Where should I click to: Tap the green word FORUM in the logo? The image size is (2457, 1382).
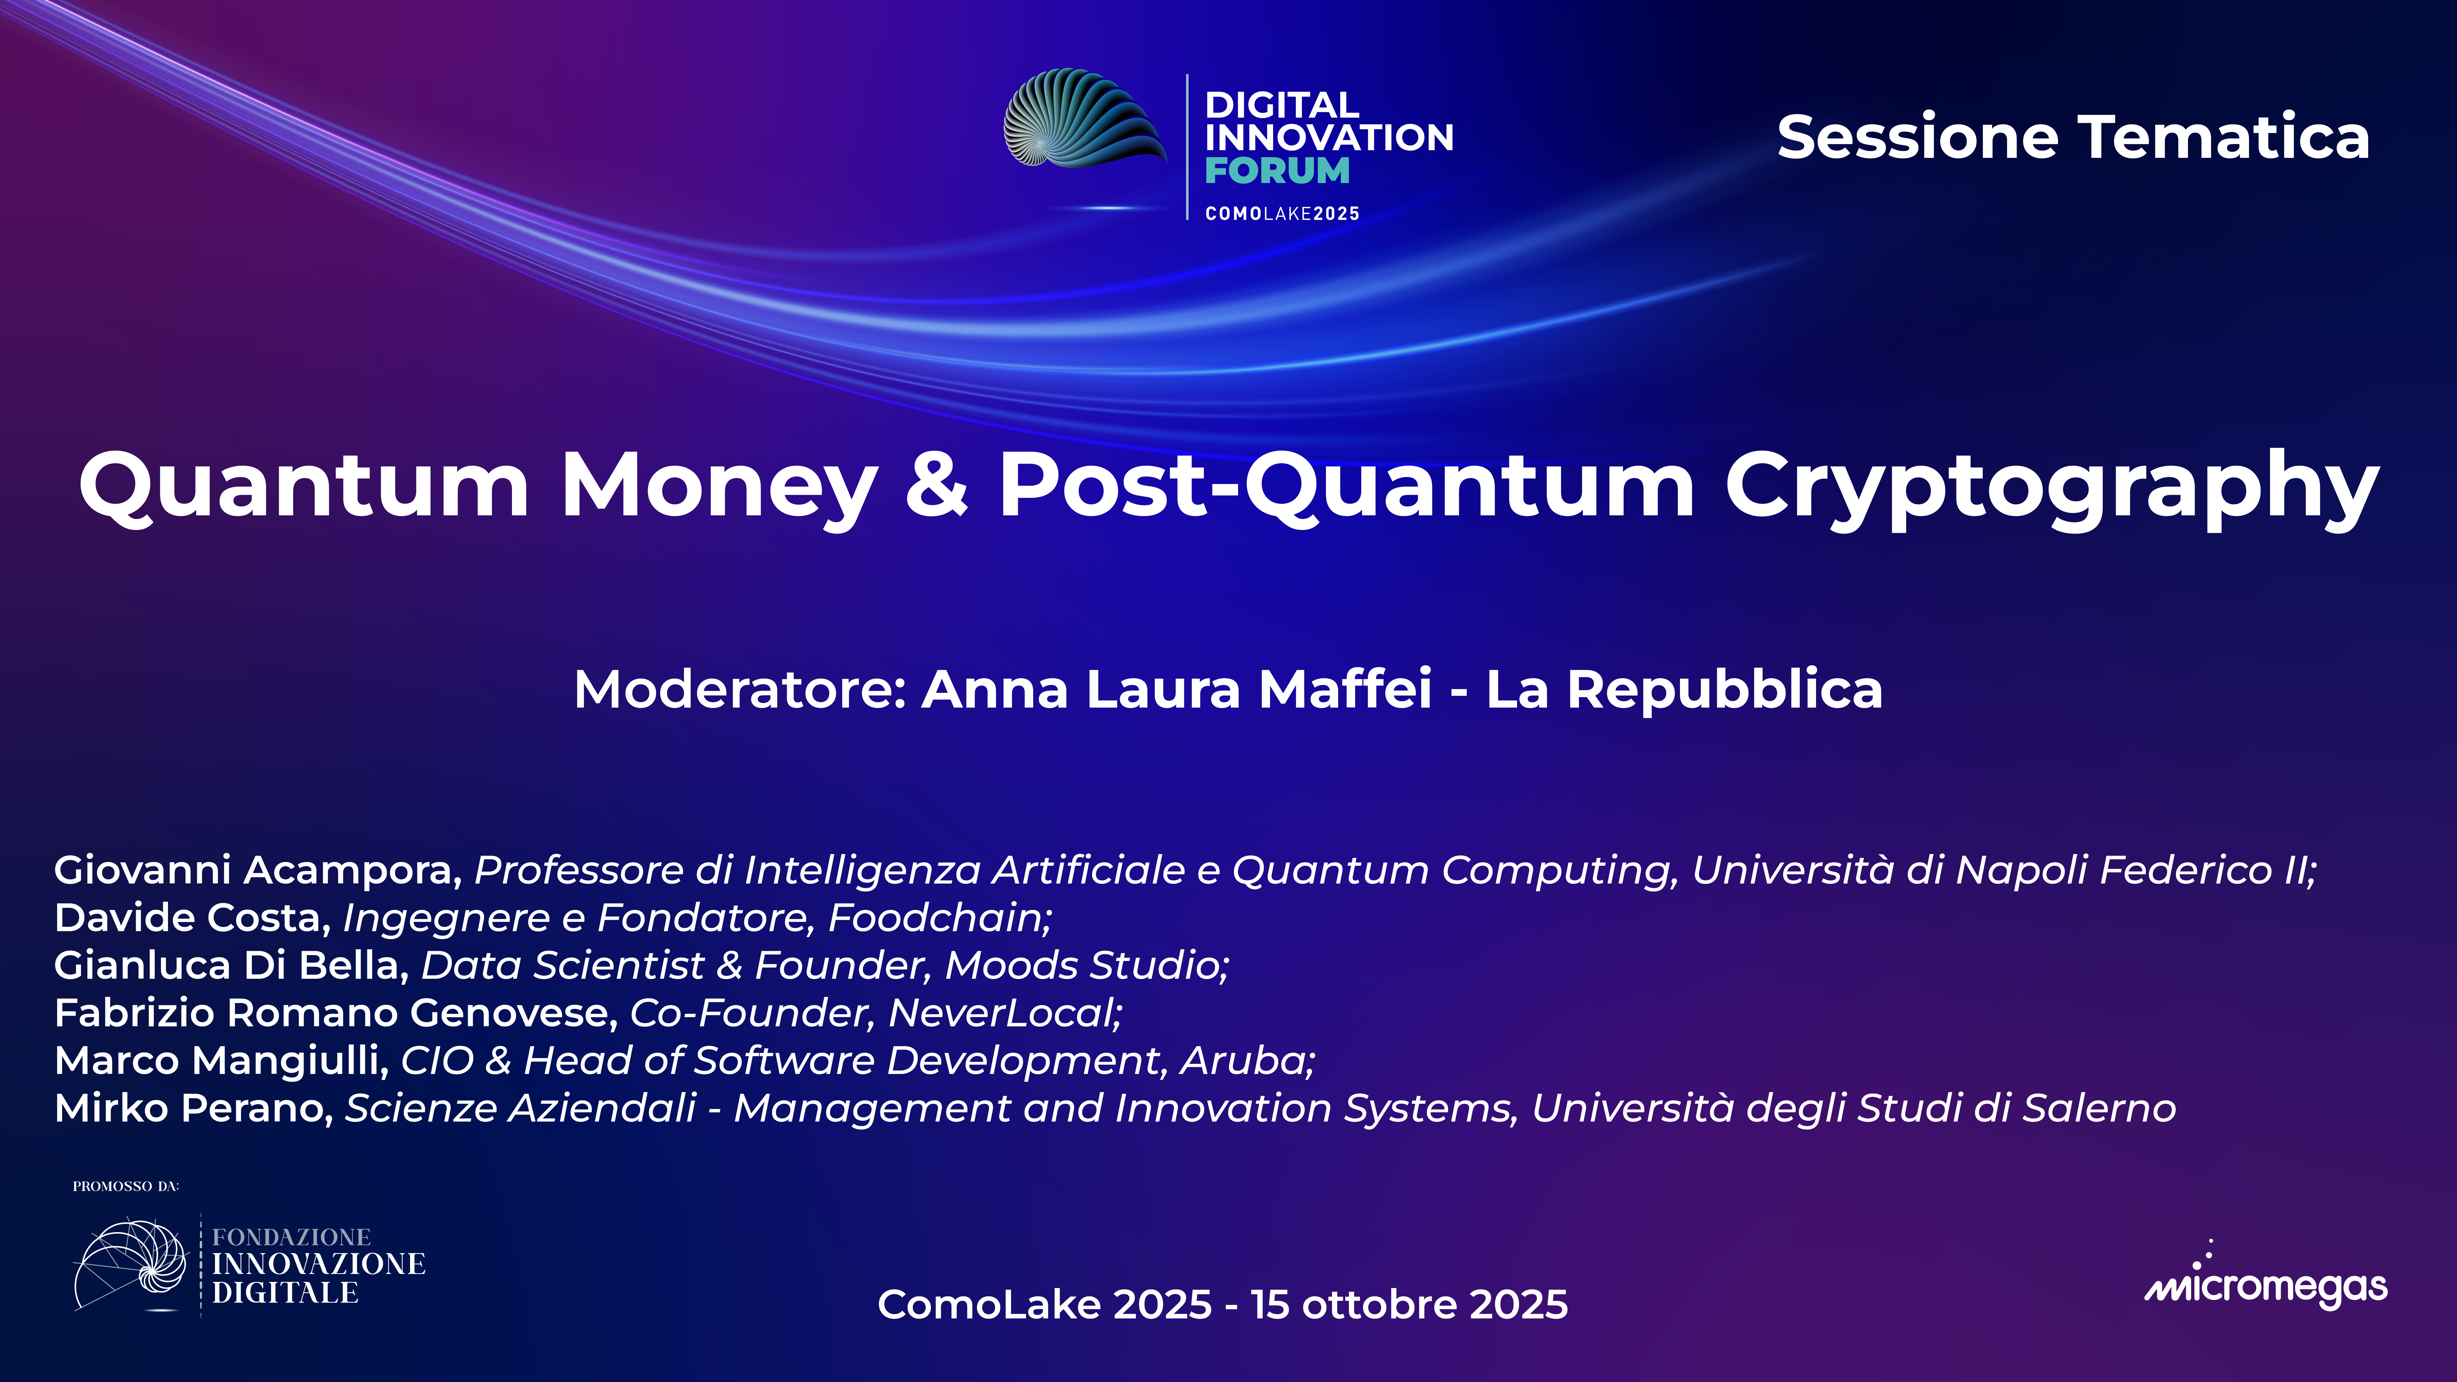coord(1276,171)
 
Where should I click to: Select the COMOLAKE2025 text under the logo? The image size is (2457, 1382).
coord(1282,214)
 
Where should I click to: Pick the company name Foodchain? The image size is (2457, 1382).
coord(939,918)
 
